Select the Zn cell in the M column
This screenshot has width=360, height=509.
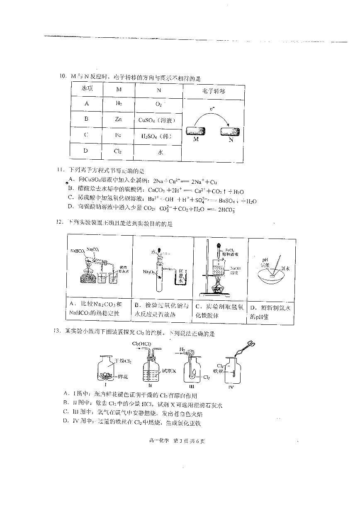point(118,119)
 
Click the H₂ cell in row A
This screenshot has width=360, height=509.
point(119,103)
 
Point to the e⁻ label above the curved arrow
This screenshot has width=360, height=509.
point(212,109)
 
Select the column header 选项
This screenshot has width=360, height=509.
point(87,90)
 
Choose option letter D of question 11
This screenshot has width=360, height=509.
point(71,206)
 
